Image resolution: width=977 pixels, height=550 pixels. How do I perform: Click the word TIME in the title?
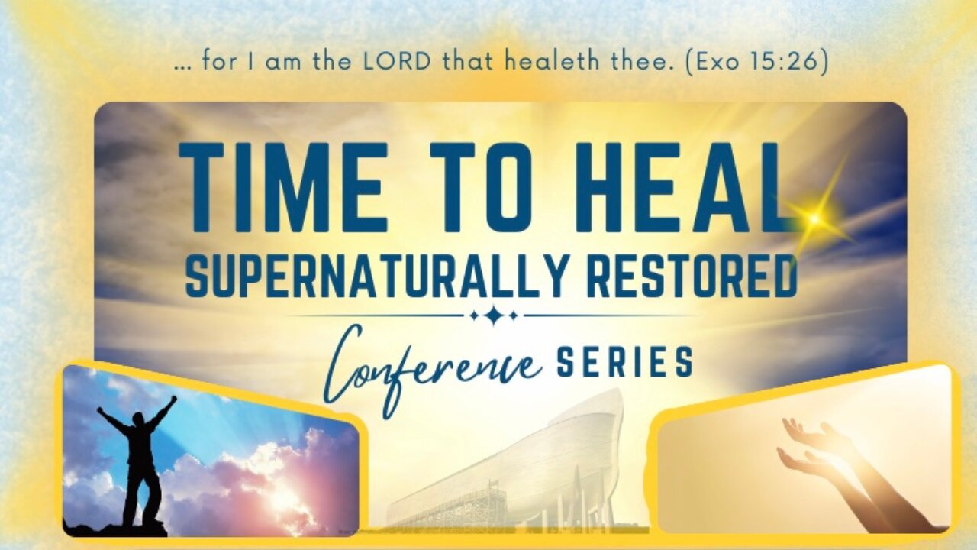pyautogui.click(x=282, y=187)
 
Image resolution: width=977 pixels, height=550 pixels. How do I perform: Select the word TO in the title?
pyautogui.click(x=481, y=187)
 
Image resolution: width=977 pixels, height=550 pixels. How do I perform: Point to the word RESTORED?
pyautogui.click(x=692, y=276)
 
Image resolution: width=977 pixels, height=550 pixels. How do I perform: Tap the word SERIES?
pyautogui.click(x=624, y=362)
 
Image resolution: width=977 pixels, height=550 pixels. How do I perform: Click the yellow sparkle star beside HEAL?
pyautogui.click(x=814, y=218)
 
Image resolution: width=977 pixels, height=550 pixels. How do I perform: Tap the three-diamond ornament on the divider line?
pyautogui.click(x=494, y=315)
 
